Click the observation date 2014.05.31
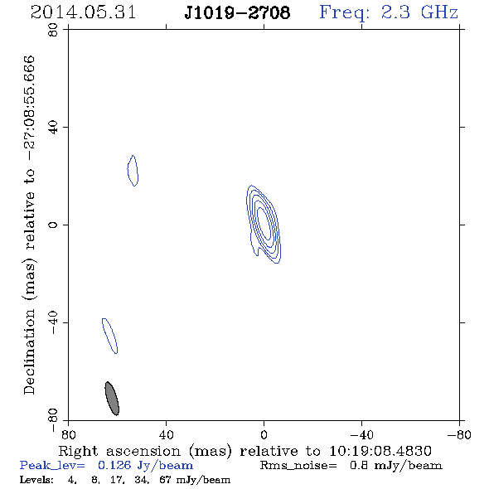point(83,12)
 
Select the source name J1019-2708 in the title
point(237,12)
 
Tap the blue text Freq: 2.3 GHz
point(389,13)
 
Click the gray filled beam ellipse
point(112,399)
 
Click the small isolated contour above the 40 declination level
point(133,171)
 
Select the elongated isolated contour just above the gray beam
point(109,336)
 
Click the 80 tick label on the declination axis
point(53,30)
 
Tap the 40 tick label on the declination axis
point(53,128)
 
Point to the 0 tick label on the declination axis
point(53,225)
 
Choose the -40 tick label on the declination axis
point(53,322)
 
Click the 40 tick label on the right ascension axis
point(166,434)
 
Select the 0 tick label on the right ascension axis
point(264,434)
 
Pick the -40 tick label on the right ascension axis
point(361,434)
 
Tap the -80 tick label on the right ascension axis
point(459,434)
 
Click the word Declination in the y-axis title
point(29,351)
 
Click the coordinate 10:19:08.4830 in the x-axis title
point(380,451)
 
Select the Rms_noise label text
point(298,466)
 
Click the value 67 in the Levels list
point(165,479)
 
